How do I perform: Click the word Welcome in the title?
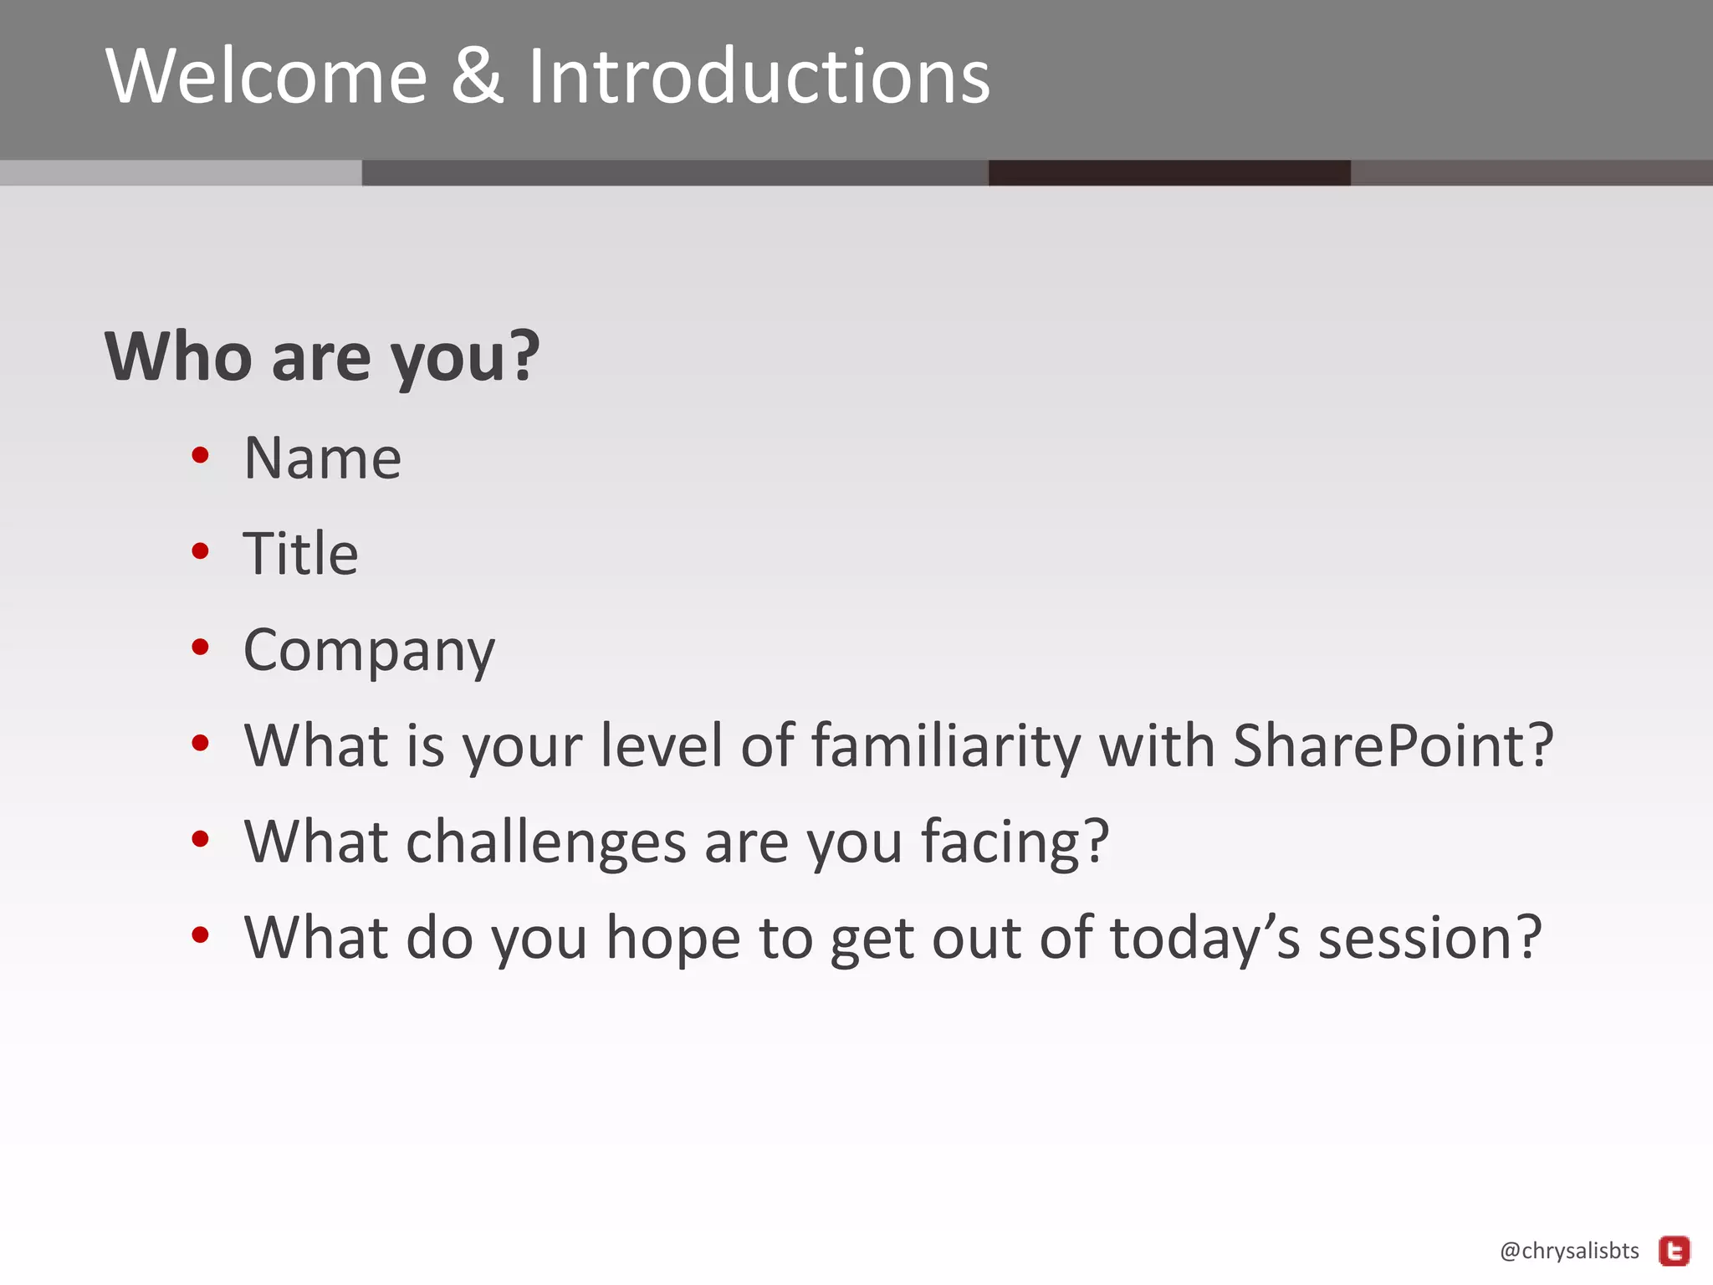[266, 77]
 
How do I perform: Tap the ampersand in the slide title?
[478, 77]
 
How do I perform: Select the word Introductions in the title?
[759, 77]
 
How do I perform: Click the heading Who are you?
[322, 357]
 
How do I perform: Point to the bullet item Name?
[322, 458]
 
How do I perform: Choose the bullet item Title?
[300, 554]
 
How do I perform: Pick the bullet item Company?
[369, 651]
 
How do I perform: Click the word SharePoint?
[1393, 745]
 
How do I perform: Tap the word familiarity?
[945, 747]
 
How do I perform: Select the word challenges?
[545, 842]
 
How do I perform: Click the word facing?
[1015, 842]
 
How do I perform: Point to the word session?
[1429, 938]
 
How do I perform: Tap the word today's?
[1204, 938]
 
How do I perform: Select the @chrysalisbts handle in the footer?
[1569, 1251]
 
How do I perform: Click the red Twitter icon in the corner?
[1675, 1252]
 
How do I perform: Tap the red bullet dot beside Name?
[200, 455]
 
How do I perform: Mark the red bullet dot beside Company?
[200, 647]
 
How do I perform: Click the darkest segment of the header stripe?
[1168, 172]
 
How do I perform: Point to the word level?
[662, 745]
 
